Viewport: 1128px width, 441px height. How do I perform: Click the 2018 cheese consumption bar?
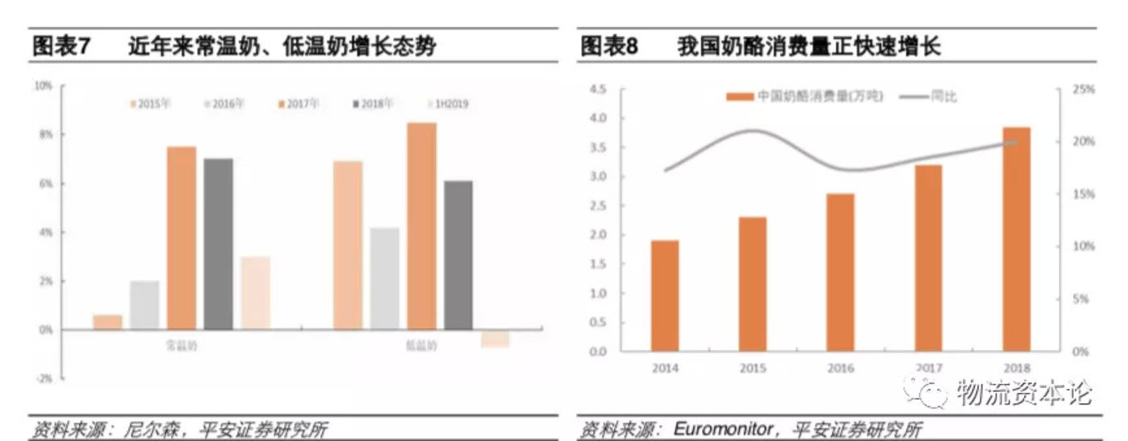click(x=1017, y=239)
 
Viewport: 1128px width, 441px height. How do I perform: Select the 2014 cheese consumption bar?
click(x=665, y=296)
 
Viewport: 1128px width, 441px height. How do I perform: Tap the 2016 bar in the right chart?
click(x=841, y=273)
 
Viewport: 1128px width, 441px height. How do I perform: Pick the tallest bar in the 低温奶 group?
click(x=421, y=226)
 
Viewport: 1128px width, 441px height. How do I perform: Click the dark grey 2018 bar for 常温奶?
click(x=218, y=243)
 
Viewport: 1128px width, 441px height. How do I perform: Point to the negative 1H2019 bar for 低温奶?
click(x=495, y=339)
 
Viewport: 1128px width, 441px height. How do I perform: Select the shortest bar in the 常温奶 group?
click(x=107, y=322)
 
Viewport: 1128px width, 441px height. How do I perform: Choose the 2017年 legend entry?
click(x=299, y=104)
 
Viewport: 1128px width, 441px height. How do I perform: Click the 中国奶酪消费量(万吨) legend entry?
click(x=805, y=96)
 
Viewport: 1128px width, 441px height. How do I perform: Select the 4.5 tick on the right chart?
click(x=597, y=89)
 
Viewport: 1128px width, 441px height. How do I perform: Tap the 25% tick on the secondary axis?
click(x=1084, y=89)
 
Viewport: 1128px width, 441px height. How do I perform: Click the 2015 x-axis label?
click(x=752, y=368)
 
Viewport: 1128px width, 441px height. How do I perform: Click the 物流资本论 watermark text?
click(x=1023, y=393)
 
